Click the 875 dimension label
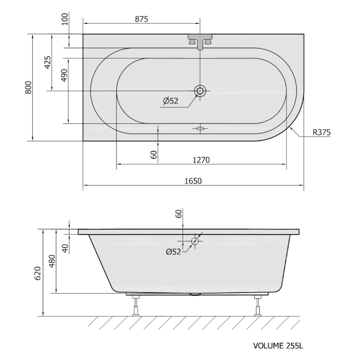[x=141, y=19]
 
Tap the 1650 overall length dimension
[x=193, y=181]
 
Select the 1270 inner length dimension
[x=201, y=160]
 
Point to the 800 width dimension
[x=28, y=87]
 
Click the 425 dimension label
[x=48, y=62]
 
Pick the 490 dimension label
[x=64, y=75]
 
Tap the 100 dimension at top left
[x=65, y=19]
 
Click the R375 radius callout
[x=322, y=132]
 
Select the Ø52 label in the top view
[x=171, y=101]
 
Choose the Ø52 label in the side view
[x=174, y=252]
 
